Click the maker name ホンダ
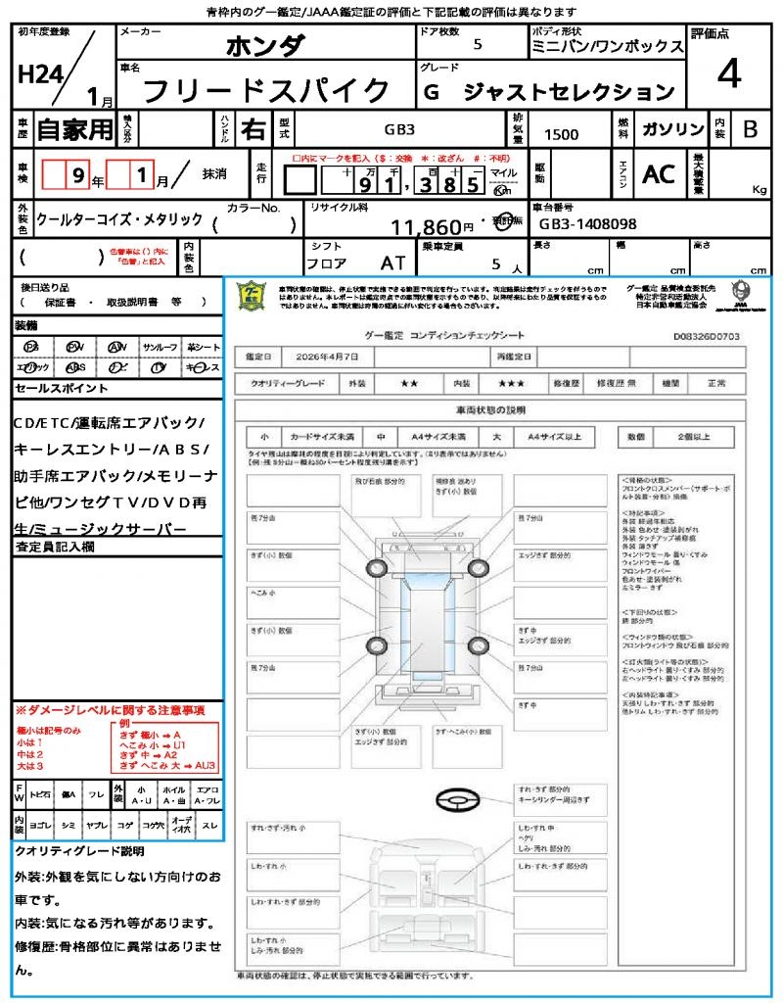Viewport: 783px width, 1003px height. (265, 45)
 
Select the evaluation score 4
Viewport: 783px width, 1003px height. (727, 75)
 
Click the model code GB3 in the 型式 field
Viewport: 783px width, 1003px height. (398, 129)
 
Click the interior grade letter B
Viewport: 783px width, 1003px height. (750, 129)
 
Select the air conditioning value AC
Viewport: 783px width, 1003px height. (659, 174)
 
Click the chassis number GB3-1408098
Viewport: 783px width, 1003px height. (587, 223)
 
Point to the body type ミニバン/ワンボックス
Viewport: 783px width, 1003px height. (607, 47)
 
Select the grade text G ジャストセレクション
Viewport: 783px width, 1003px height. (548, 92)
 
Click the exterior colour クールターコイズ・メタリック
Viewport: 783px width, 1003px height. (119, 219)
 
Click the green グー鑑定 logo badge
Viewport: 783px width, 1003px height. (253, 295)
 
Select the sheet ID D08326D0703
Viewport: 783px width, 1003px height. (707, 336)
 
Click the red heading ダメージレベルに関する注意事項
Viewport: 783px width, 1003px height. (110, 709)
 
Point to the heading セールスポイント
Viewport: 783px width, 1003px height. (62, 389)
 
